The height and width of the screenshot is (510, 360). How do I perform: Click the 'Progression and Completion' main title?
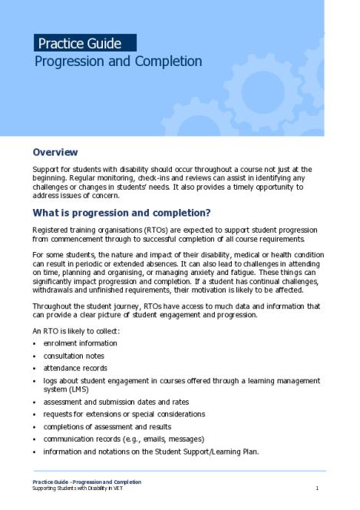[118, 61]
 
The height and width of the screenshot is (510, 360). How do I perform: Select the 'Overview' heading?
[66, 152]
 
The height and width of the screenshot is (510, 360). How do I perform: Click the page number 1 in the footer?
[317, 488]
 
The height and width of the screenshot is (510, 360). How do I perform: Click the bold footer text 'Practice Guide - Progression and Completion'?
[86, 482]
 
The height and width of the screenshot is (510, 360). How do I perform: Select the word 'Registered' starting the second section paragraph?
[51, 230]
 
